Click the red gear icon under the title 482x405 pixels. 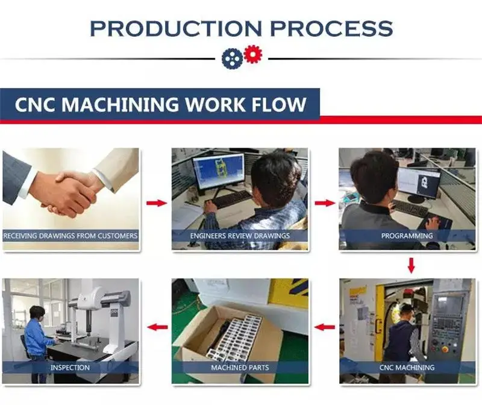click(252, 54)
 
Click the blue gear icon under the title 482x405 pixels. click(232, 58)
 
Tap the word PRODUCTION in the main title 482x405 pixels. click(176, 28)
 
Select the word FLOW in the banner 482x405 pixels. click(279, 104)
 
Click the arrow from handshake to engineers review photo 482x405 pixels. click(157, 203)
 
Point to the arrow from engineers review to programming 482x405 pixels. click(325, 203)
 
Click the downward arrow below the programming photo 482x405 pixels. click(411, 265)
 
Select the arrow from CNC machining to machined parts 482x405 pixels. click(325, 327)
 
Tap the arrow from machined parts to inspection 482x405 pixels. click(157, 327)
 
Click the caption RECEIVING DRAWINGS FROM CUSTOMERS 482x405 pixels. click(70, 236)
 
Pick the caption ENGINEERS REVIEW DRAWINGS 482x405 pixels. click(240, 236)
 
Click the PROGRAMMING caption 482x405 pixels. click(407, 236)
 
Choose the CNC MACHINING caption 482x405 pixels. click(407, 368)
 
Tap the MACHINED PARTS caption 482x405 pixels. click(240, 368)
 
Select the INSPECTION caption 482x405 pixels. click(70, 368)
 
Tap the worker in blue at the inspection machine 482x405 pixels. click(38, 339)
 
